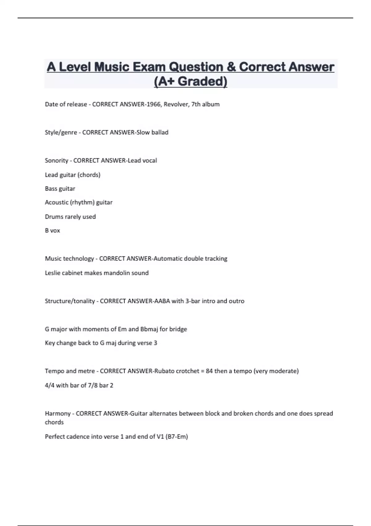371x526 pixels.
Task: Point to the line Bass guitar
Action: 60,188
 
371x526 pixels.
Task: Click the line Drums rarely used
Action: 70,217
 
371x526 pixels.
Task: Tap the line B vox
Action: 53,231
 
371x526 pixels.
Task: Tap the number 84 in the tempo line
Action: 209,371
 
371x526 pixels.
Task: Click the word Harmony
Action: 58,414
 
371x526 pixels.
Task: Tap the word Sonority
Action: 57,161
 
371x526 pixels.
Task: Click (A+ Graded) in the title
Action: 190,81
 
